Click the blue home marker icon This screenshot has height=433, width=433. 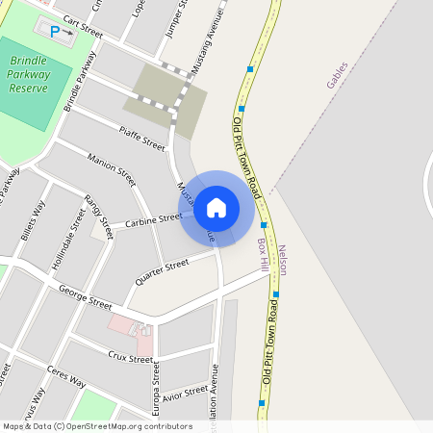click(216, 208)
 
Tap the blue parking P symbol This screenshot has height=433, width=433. click(55, 32)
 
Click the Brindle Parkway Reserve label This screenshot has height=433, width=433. click(29, 74)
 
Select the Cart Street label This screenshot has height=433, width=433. click(82, 26)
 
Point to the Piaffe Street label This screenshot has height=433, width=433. click(142, 138)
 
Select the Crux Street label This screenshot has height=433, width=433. click(131, 358)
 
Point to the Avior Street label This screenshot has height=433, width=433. click(185, 395)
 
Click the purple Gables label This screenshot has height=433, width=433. click(336, 74)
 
